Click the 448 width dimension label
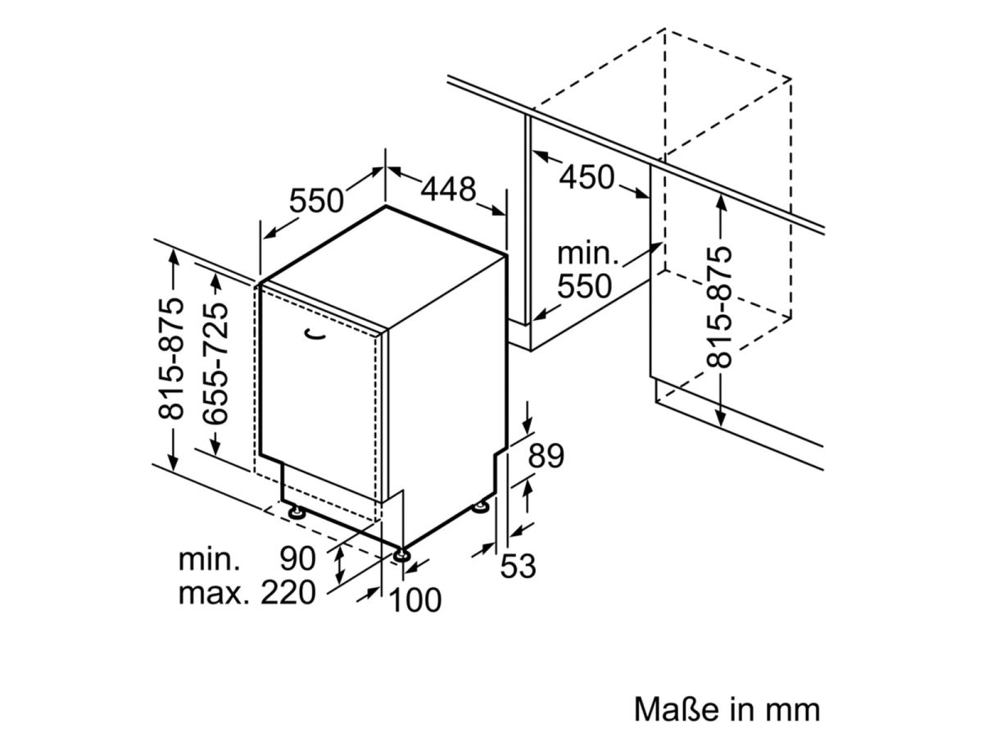pos(447,189)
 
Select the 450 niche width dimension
pos(587,176)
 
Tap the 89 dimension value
pos(546,456)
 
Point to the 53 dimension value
pos(518,566)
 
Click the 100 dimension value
pos(416,599)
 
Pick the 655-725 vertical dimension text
pos(215,363)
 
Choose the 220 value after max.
pos(288,592)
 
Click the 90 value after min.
pos(298,558)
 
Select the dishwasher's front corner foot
pos(401,554)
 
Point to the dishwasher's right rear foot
pos(482,507)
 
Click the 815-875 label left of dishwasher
pos(170,358)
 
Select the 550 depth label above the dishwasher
pos(316,200)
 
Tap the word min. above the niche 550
pos(587,253)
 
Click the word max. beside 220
pos(214,593)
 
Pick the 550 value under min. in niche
pos(584,285)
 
